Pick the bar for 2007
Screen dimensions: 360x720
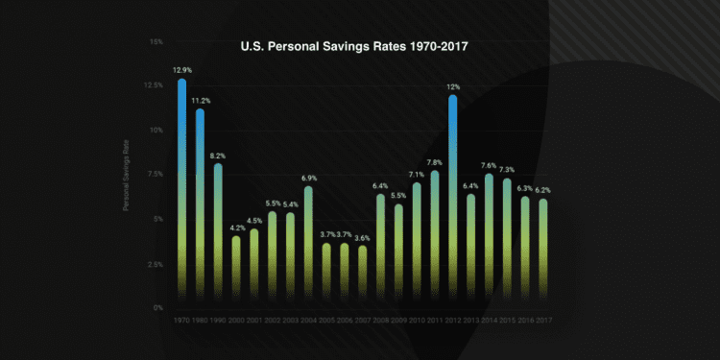click(362, 274)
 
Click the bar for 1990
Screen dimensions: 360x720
click(218, 230)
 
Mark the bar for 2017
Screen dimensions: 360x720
click(542, 250)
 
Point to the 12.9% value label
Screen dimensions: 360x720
click(182, 70)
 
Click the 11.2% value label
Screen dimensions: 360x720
click(200, 100)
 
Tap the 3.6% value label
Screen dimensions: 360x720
click(362, 237)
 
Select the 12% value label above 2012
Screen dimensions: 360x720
click(452, 86)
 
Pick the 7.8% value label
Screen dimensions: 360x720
click(434, 162)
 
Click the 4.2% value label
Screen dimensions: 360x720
click(236, 228)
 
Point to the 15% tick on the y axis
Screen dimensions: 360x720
click(156, 41)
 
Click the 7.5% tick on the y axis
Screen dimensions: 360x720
click(155, 175)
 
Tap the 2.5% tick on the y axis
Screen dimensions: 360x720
click(155, 264)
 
